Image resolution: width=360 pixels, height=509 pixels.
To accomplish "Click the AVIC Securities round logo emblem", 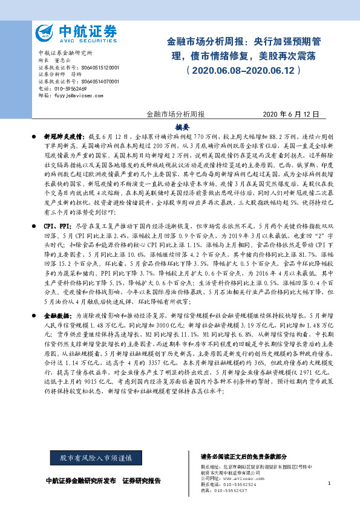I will tap(45, 32).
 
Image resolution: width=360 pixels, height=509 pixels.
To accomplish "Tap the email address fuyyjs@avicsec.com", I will tap(72, 95).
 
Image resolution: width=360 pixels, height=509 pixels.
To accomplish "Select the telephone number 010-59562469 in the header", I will tap(71, 88).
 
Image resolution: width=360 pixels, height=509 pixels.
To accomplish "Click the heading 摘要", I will tap(182, 127).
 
